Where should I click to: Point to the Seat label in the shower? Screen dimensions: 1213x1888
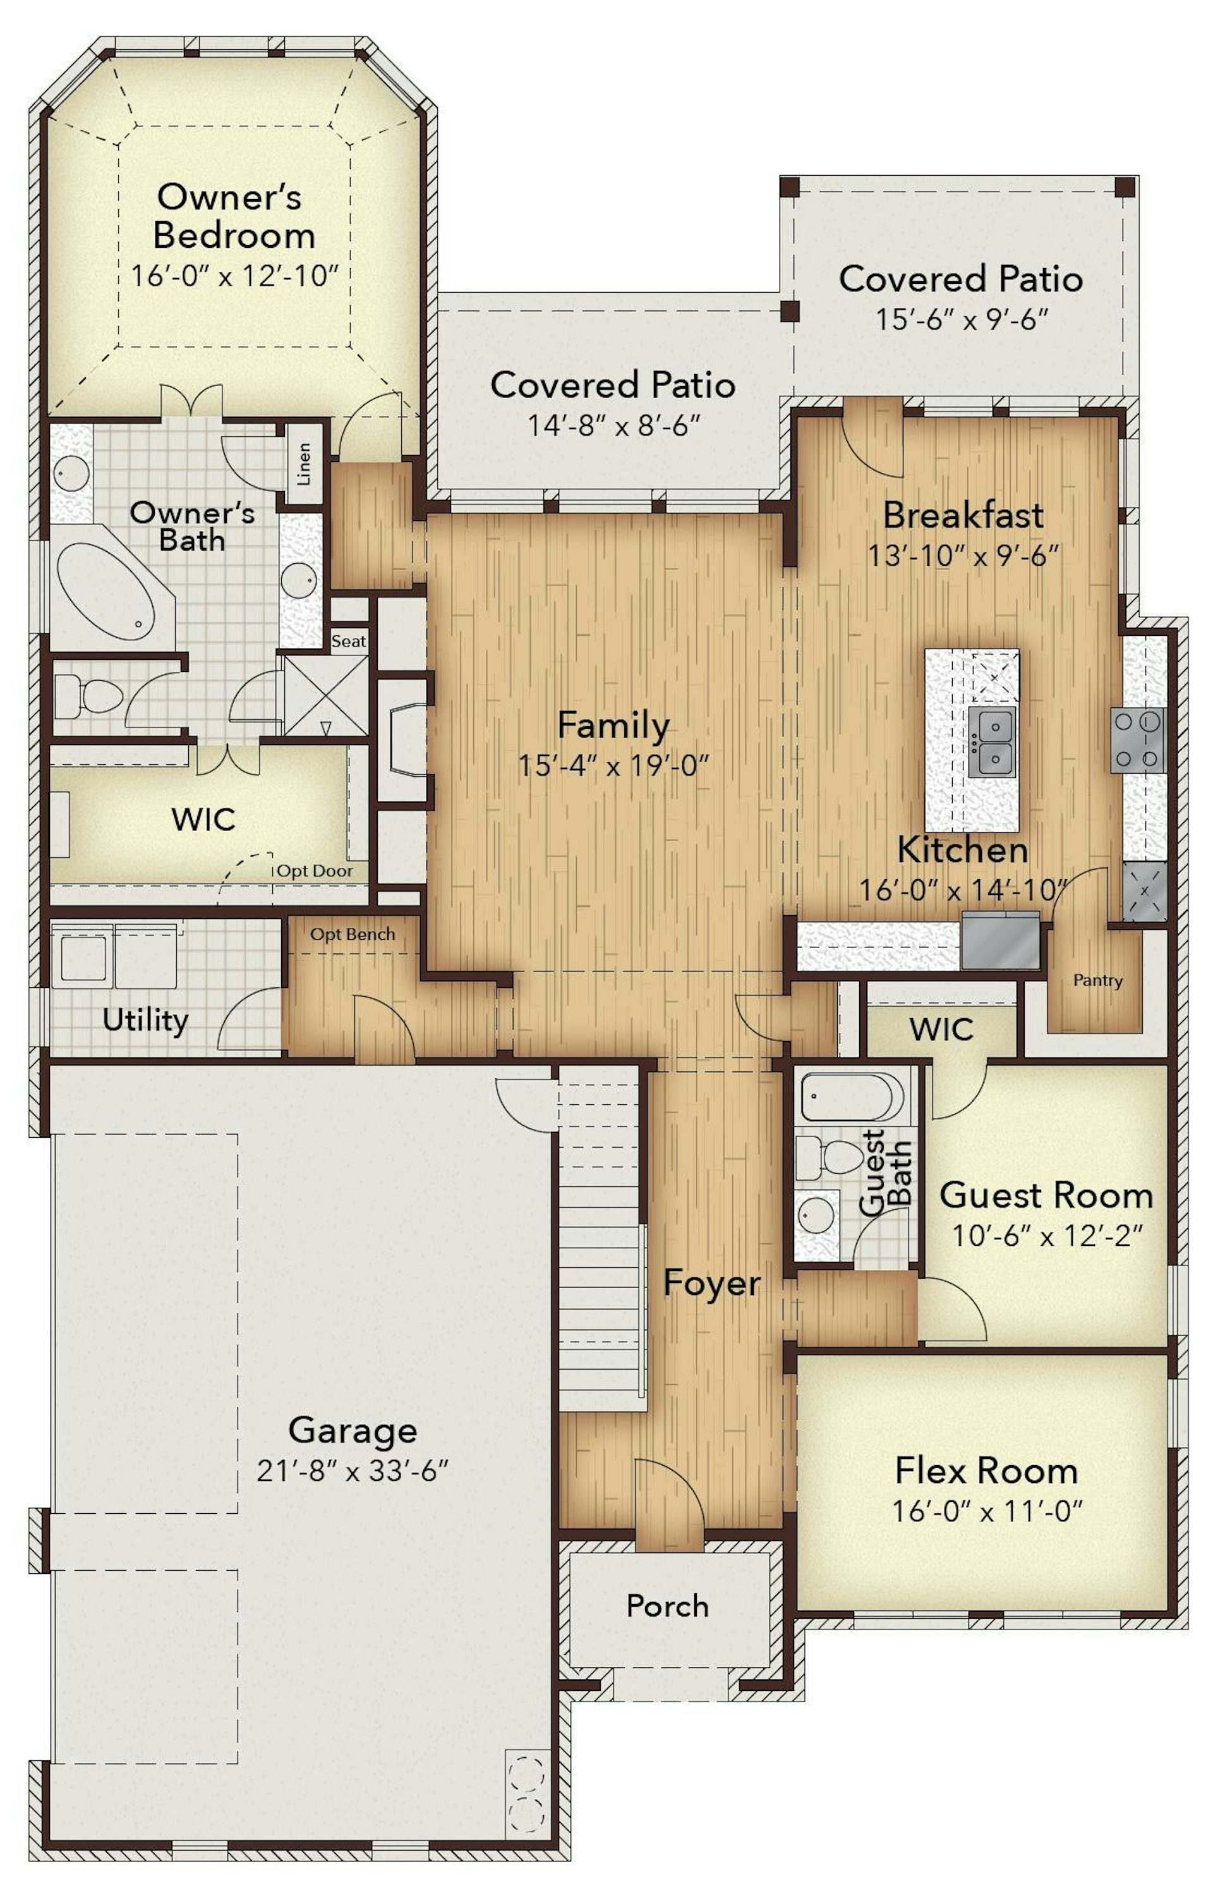348,642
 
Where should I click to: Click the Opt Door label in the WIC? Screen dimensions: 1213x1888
314,871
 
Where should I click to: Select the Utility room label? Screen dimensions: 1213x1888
146,1020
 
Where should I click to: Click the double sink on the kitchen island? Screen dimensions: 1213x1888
992,741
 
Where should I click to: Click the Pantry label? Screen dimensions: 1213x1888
1098,980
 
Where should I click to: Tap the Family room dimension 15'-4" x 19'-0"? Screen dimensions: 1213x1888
613,765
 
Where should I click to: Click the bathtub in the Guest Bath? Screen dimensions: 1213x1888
852,1096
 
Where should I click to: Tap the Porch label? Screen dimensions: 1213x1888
667,1605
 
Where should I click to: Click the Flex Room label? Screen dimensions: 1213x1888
987,1470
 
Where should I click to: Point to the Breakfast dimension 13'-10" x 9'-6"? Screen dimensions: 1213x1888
963,556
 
